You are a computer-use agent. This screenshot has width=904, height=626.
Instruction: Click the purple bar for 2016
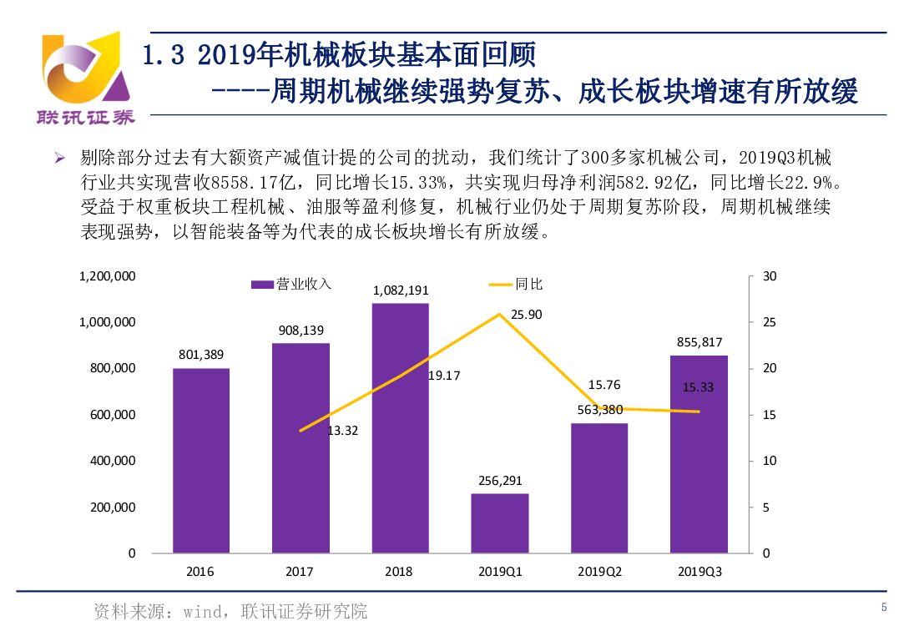pyautogui.click(x=200, y=460)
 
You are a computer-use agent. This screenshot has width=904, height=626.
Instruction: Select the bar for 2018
pyautogui.click(x=400, y=427)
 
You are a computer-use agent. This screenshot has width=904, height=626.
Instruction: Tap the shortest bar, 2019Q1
pyautogui.click(x=499, y=523)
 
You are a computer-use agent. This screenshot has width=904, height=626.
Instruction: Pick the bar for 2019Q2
pyautogui.click(x=599, y=487)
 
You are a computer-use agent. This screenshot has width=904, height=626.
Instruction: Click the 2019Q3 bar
pyautogui.click(x=699, y=454)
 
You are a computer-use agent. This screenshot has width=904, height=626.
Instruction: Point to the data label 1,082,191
pyautogui.click(x=401, y=290)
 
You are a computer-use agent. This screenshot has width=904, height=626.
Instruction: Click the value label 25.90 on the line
pyautogui.click(x=526, y=315)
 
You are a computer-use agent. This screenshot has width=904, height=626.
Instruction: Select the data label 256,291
pyautogui.click(x=500, y=481)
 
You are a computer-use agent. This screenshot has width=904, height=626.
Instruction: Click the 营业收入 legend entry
pyautogui.click(x=292, y=285)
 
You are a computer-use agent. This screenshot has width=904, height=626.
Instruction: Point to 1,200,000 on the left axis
pyautogui.click(x=108, y=276)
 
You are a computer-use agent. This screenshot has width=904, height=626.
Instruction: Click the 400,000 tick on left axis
pyautogui.click(x=114, y=461)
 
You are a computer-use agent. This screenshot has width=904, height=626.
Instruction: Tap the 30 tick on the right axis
pyautogui.click(x=770, y=276)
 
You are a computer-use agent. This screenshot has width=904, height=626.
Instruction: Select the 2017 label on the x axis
pyautogui.click(x=300, y=572)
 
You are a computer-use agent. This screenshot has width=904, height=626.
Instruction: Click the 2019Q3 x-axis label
pyautogui.click(x=699, y=572)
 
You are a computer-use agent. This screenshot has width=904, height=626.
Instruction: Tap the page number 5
pyautogui.click(x=884, y=607)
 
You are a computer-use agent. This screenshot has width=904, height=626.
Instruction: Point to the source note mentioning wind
pyautogui.click(x=230, y=611)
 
